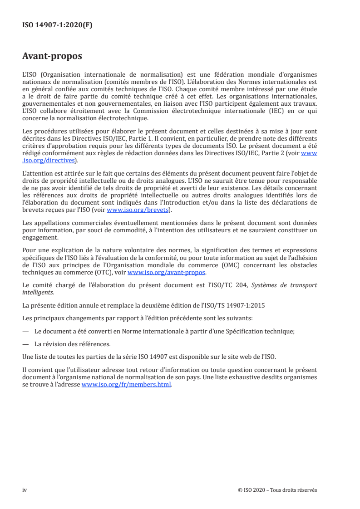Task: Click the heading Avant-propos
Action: click(52, 57)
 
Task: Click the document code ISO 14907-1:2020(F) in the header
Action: click(57, 25)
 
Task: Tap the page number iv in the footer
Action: click(25, 490)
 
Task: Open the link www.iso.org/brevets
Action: click(138, 210)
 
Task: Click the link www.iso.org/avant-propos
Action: click(167, 273)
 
